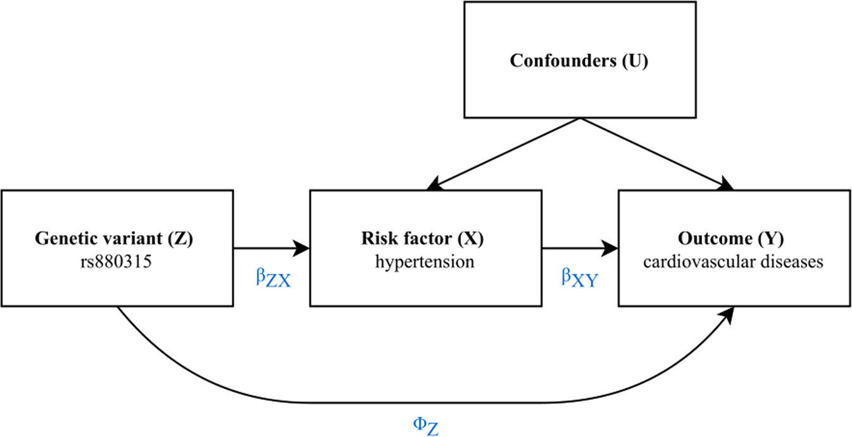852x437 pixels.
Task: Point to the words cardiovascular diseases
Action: (x=733, y=261)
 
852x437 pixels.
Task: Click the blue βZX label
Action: (x=273, y=279)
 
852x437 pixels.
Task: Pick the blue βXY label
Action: (x=579, y=279)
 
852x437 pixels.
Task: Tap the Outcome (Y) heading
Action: (x=733, y=239)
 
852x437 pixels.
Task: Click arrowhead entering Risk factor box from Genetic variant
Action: (x=302, y=248)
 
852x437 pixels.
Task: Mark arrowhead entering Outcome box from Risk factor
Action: (x=611, y=248)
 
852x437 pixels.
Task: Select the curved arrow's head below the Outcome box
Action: (x=731, y=315)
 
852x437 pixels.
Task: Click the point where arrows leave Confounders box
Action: (x=579, y=118)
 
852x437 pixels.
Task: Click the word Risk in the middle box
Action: (x=378, y=239)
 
